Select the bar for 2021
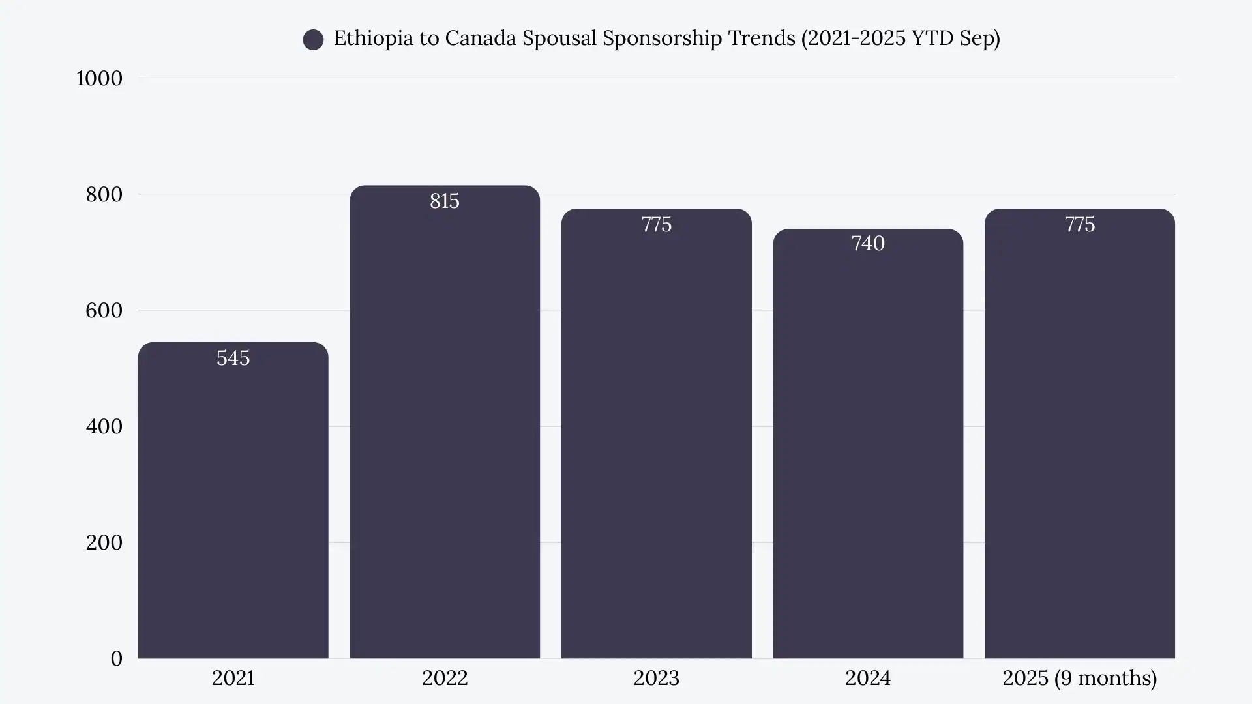coord(233,508)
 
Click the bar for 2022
coord(445,430)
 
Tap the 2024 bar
coord(868,450)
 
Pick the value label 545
coord(233,358)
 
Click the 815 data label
coord(445,201)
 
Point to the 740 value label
coord(868,243)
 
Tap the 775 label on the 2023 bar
coord(656,224)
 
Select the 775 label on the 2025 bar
coord(1079,224)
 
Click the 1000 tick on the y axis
coord(99,78)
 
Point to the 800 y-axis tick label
coord(104,194)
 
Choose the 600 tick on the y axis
coord(104,310)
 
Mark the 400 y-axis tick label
coord(104,426)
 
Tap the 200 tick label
coord(104,542)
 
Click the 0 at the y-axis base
coord(116,658)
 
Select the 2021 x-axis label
coord(233,678)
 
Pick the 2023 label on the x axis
coord(656,678)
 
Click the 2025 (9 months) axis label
coord(1079,678)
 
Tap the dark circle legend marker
coord(313,40)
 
